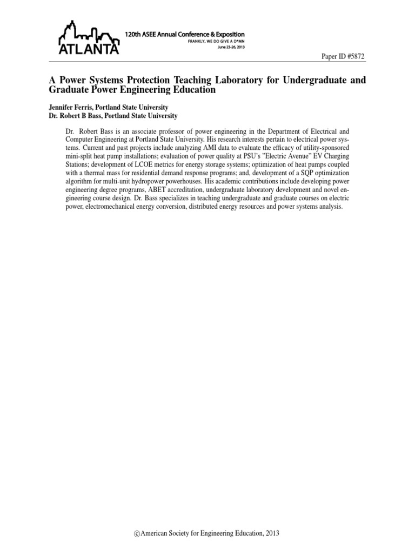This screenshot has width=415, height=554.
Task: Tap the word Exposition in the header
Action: coord(225,34)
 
